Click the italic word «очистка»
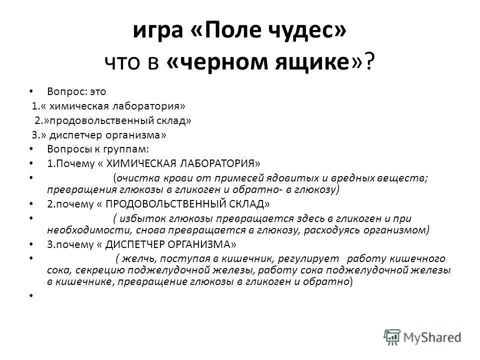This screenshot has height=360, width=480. pos(134,178)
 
